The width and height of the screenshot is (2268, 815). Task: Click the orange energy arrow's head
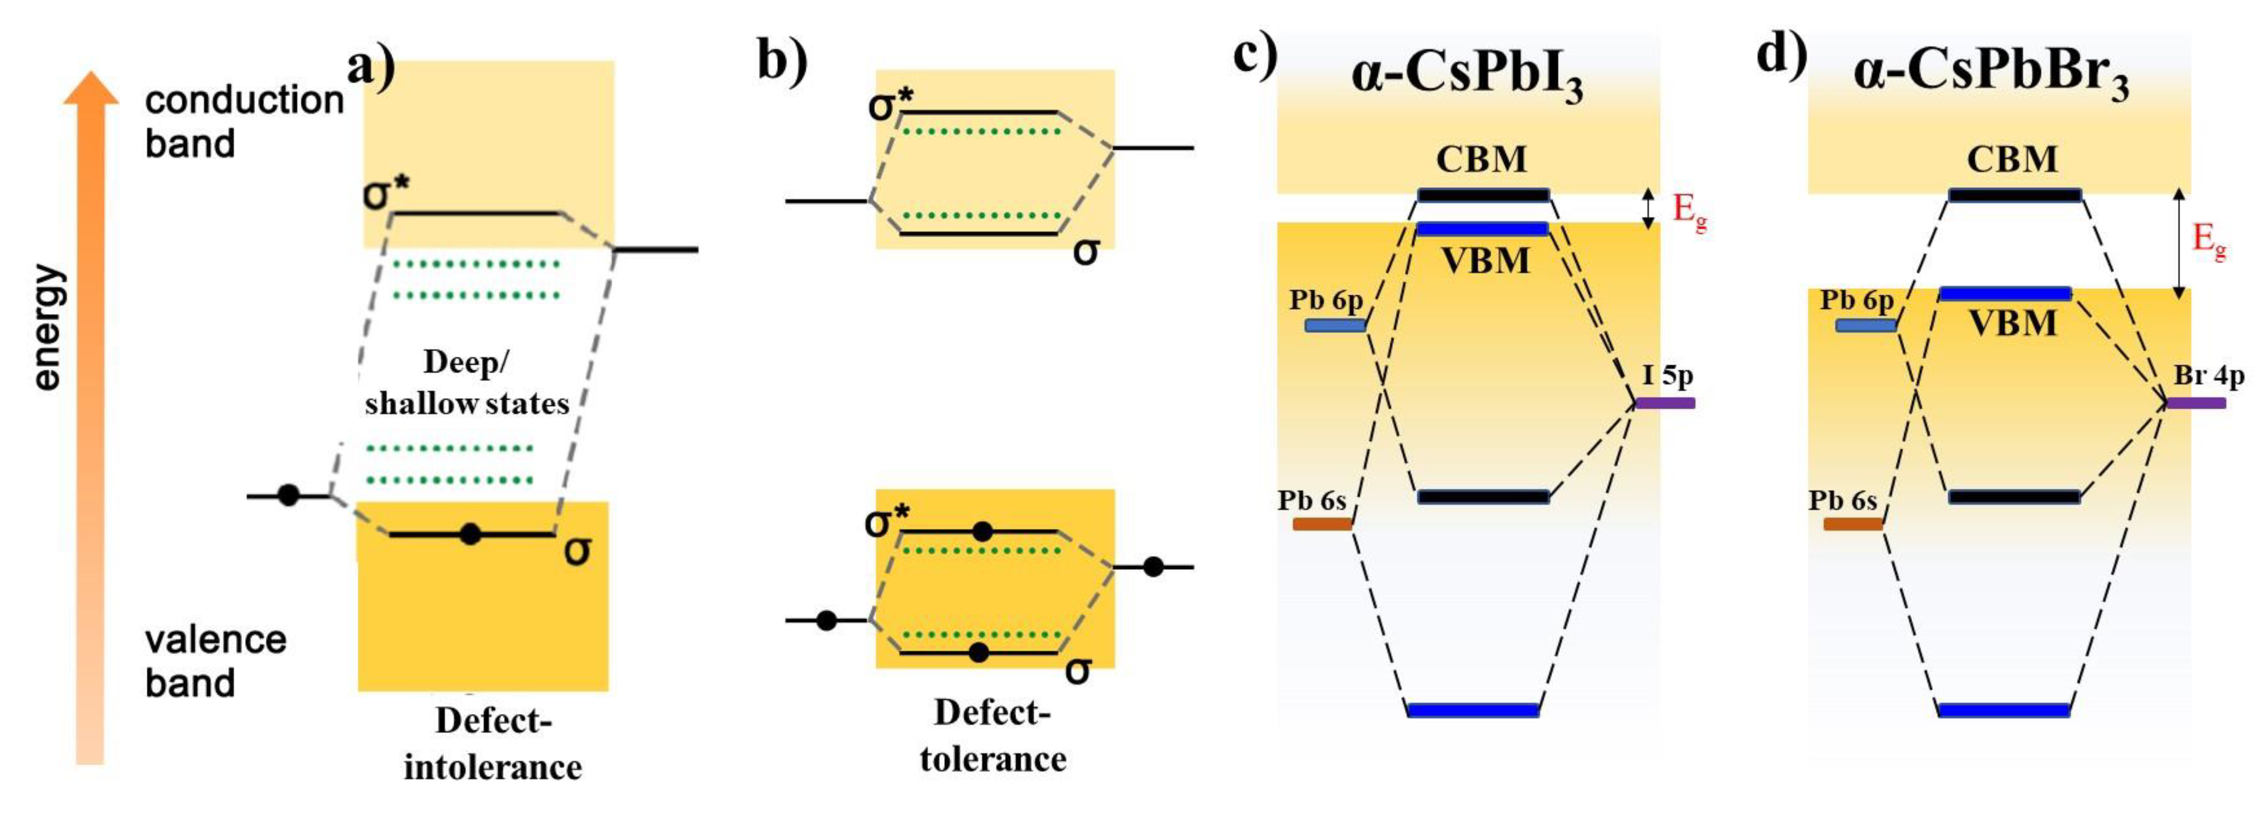(90, 88)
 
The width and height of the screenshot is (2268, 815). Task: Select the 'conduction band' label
(244, 122)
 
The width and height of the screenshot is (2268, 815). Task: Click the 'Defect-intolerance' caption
(493, 744)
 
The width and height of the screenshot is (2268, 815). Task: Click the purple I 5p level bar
(1665, 403)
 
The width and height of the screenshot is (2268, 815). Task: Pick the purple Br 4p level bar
(2196, 403)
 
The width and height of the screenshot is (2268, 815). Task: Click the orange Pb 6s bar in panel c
(1323, 525)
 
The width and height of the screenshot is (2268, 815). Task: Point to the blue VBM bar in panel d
(2006, 294)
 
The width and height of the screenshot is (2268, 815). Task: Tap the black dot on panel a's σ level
(471, 533)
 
